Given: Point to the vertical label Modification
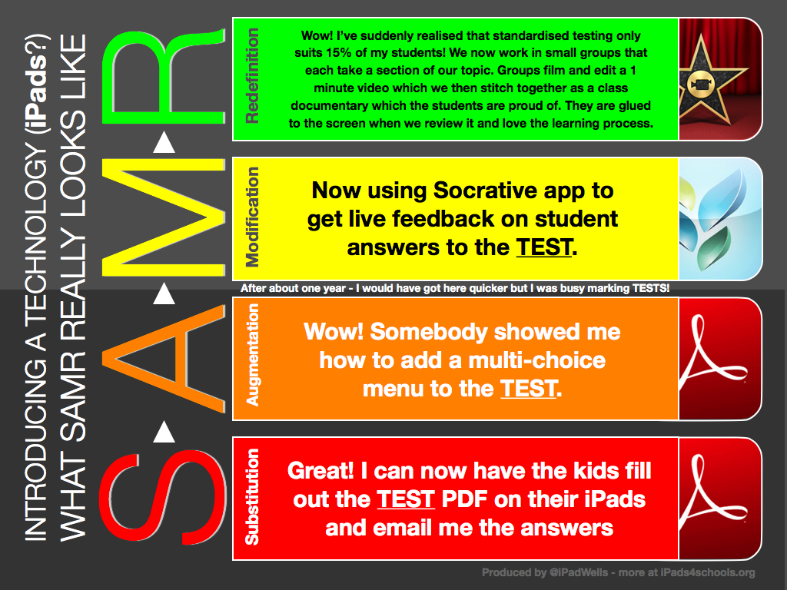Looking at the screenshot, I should click(x=251, y=217).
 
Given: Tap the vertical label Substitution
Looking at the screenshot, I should click(x=251, y=498).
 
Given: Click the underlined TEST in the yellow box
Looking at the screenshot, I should click(x=543, y=247).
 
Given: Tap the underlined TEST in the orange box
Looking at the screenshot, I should click(x=527, y=388).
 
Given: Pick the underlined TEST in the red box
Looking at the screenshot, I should click(x=406, y=499).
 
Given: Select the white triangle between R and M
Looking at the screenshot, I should click(x=164, y=142).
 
